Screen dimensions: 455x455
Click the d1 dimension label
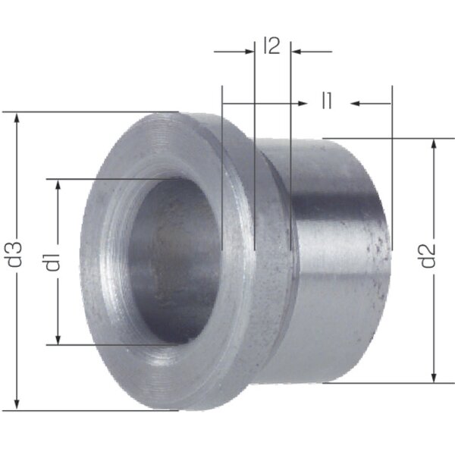[52, 262]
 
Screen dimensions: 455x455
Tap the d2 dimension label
[428, 256]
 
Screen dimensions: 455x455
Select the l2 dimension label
[272, 45]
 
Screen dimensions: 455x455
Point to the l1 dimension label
[327, 100]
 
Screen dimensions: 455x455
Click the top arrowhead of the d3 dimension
[17, 119]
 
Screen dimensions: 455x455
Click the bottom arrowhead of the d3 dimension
[17, 403]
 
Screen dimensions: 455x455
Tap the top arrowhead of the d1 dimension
[58, 186]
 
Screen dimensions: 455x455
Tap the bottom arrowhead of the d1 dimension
[58, 338]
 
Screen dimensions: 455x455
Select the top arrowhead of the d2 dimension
[434, 146]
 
